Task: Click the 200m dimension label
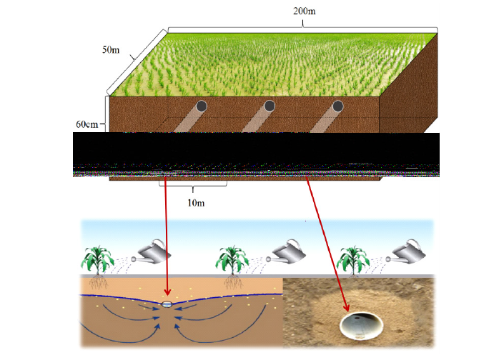[305, 11]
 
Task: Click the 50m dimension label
[111, 50]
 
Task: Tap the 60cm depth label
[87, 124]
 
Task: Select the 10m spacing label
[196, 203]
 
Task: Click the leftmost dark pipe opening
[201, 106]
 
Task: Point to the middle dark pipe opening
[270, 106]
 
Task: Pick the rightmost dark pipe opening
[338, 106]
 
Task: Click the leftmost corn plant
[98, 259]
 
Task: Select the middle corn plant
[232, 259]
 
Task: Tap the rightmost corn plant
[353, 260]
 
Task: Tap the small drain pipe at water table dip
[167, 304]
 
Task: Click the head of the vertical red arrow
[167, 292]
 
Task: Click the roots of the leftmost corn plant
[99, 281]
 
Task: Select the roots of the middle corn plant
[233, 281]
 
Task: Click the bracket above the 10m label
[193, 184]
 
